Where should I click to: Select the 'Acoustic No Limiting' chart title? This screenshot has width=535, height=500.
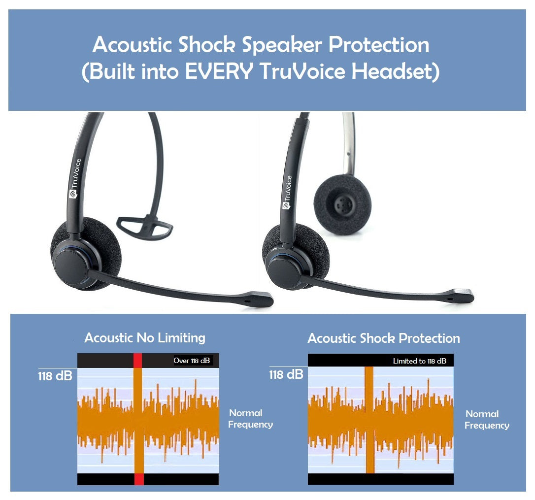click(145, 338)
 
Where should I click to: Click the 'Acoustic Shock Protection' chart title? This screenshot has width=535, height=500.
click(384, 338)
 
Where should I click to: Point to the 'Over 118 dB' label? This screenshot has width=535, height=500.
click(192, 361)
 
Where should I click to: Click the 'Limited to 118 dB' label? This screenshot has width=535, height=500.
click(419, 361)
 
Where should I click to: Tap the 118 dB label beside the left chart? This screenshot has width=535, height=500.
click(55, 376)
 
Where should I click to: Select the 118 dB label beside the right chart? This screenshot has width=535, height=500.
click(286, 374)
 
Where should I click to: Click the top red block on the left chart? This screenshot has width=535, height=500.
click(138, 360)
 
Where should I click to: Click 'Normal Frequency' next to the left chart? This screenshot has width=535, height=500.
click(250, 419)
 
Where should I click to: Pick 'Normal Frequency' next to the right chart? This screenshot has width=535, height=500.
click(486, 420)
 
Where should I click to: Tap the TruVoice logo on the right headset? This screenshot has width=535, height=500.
click(287, 192)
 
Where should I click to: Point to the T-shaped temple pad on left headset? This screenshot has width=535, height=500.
click(145, 227)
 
